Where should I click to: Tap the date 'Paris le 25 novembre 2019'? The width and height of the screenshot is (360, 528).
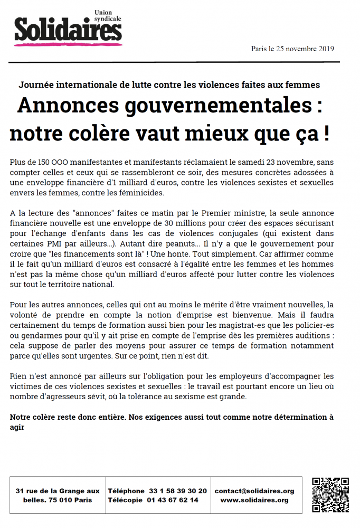pyautogui.click(x=292, y=49)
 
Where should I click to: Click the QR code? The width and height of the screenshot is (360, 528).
pyautogui.click(x=330, y=495)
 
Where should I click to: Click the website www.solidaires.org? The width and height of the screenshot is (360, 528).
pyautogui.click(x=254, y=500)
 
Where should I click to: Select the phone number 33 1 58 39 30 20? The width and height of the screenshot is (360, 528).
pyautogui.click(x=178, y=491)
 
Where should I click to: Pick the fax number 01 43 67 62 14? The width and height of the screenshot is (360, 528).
pyautogui.click(x=173, y=500)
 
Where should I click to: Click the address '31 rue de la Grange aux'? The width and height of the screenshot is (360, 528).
pyautogui.click(x=58, y=491)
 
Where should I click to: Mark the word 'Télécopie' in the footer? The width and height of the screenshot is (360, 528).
pyautogui.click(x=125, y=500)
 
